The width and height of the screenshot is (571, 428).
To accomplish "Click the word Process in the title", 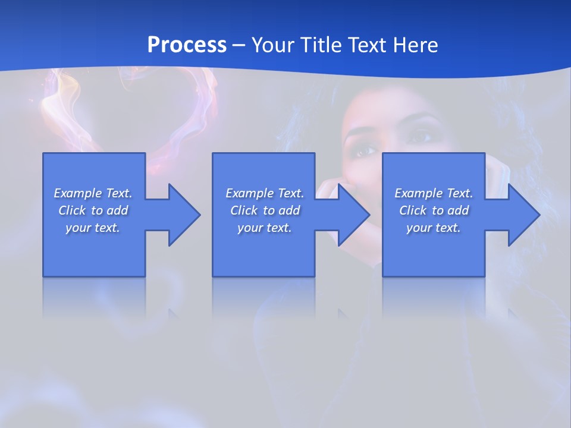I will (187, 45).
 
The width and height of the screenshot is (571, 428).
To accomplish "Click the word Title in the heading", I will (321, 45).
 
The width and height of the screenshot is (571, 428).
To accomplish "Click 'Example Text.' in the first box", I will (93, 193).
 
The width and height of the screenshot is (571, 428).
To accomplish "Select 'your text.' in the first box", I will (93, 228).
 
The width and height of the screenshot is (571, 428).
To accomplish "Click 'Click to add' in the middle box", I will (265, 210).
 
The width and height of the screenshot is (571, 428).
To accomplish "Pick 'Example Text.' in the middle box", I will (265, 193).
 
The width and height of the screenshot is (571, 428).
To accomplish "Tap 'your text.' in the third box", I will (434, 228).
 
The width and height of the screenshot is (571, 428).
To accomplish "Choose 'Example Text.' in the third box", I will (434, 193).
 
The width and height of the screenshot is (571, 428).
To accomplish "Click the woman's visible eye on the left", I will (365, 150).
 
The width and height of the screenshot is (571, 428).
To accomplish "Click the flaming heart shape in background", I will (128, 113).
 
